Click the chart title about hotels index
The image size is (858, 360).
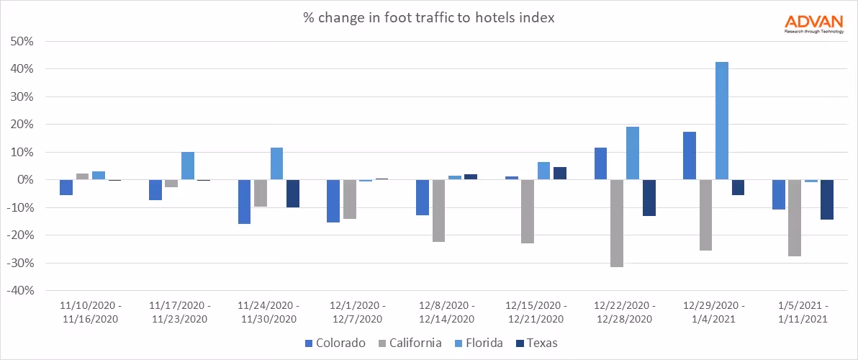(x=428, y=18)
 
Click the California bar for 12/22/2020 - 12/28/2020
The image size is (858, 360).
(x=616, y=223)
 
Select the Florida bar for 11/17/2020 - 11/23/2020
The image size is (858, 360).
(x=187, y=166)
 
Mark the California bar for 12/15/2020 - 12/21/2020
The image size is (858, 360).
(x=528, y=212)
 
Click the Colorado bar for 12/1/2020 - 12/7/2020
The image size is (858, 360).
(x=333, y=201)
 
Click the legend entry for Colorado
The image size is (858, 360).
(x=335, y=343)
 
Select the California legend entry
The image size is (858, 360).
(x=409, y=343)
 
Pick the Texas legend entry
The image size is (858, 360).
(x=536, y=343)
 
